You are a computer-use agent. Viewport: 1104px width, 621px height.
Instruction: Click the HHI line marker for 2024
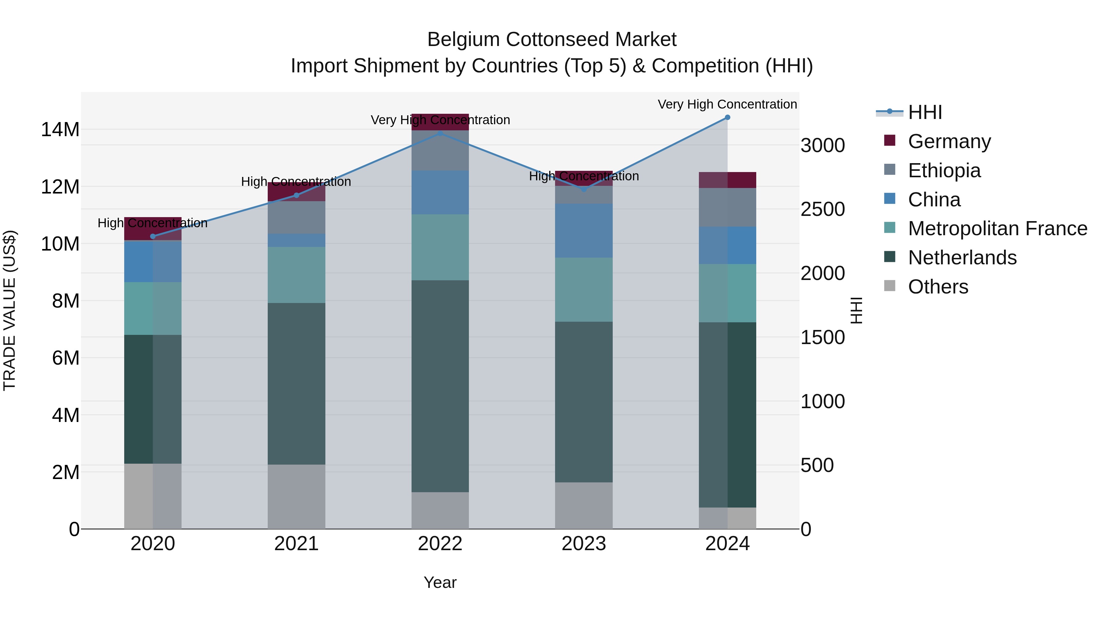(x=727, y=117)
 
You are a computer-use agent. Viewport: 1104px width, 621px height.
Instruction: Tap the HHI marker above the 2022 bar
(x=440, y=134)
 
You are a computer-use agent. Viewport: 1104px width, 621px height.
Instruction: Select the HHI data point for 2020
(x=153, y=236)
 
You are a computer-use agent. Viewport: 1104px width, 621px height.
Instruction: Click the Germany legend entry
(x=949, y=141)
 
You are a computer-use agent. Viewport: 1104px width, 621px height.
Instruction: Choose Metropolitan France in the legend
(x=997, y=228)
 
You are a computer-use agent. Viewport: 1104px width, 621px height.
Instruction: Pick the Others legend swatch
(x=890, y=286)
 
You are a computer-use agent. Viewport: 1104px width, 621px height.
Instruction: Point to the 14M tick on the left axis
(x=60, y=129)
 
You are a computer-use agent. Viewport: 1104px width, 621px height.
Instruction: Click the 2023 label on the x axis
(x=584, y=544)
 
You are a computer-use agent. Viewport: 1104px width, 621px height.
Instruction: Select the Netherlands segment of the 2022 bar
(x=440, y=386)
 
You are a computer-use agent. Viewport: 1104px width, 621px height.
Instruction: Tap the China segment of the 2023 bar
(x=584, y=231)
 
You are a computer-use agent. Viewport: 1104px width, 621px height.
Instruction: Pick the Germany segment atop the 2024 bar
(x=727, y=180)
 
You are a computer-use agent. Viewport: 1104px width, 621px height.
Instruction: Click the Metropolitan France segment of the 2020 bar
(x=153, y=309)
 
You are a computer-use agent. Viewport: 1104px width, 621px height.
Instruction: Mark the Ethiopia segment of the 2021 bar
(x=297, y=217)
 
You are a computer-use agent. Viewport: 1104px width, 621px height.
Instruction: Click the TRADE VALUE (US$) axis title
(x=10, y=310)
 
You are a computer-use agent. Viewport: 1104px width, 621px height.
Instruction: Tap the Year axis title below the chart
(x=440, y=582)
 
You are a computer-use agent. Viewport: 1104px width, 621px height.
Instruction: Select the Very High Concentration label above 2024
(x=727, y=104)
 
